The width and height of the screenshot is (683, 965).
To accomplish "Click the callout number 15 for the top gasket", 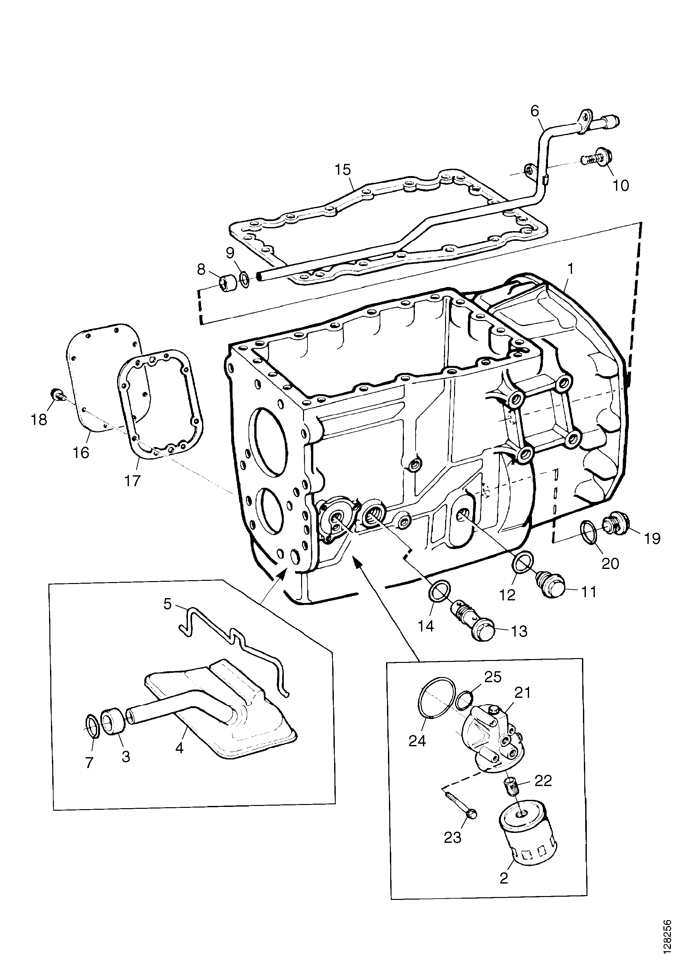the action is tap(343, 170).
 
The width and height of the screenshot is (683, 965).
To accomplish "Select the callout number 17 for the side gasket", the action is tap(132, 480).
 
